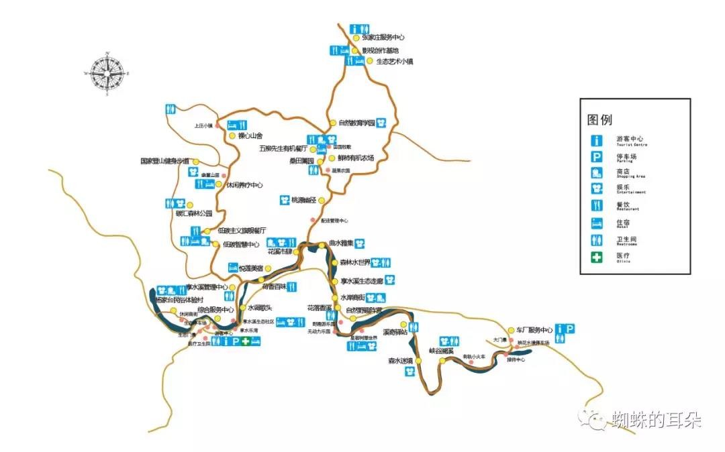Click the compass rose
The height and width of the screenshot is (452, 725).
(x=107, y=70)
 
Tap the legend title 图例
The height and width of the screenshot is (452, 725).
(x=600, y=120)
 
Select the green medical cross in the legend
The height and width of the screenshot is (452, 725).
(x=595, y=257)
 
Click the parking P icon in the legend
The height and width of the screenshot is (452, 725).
(x=595, y=157)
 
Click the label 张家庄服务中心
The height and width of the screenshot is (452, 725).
(x=383, y=38)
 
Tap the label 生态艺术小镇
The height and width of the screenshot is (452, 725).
(x=395, y=61)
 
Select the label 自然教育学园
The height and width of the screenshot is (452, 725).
(x=356, y=123)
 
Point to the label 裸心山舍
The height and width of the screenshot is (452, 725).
(x=250, y=135)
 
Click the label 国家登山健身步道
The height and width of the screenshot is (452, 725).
(x=165, y=161)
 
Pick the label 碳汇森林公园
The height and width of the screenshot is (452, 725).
(x=194, y=213)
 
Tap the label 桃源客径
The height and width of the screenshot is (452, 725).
(x=303, y=200)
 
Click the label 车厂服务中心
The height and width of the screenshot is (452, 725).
(x=534, y=330)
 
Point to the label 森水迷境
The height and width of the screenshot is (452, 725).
(x=401, y=361)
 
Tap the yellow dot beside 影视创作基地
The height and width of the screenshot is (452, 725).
(x=356, y=50)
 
